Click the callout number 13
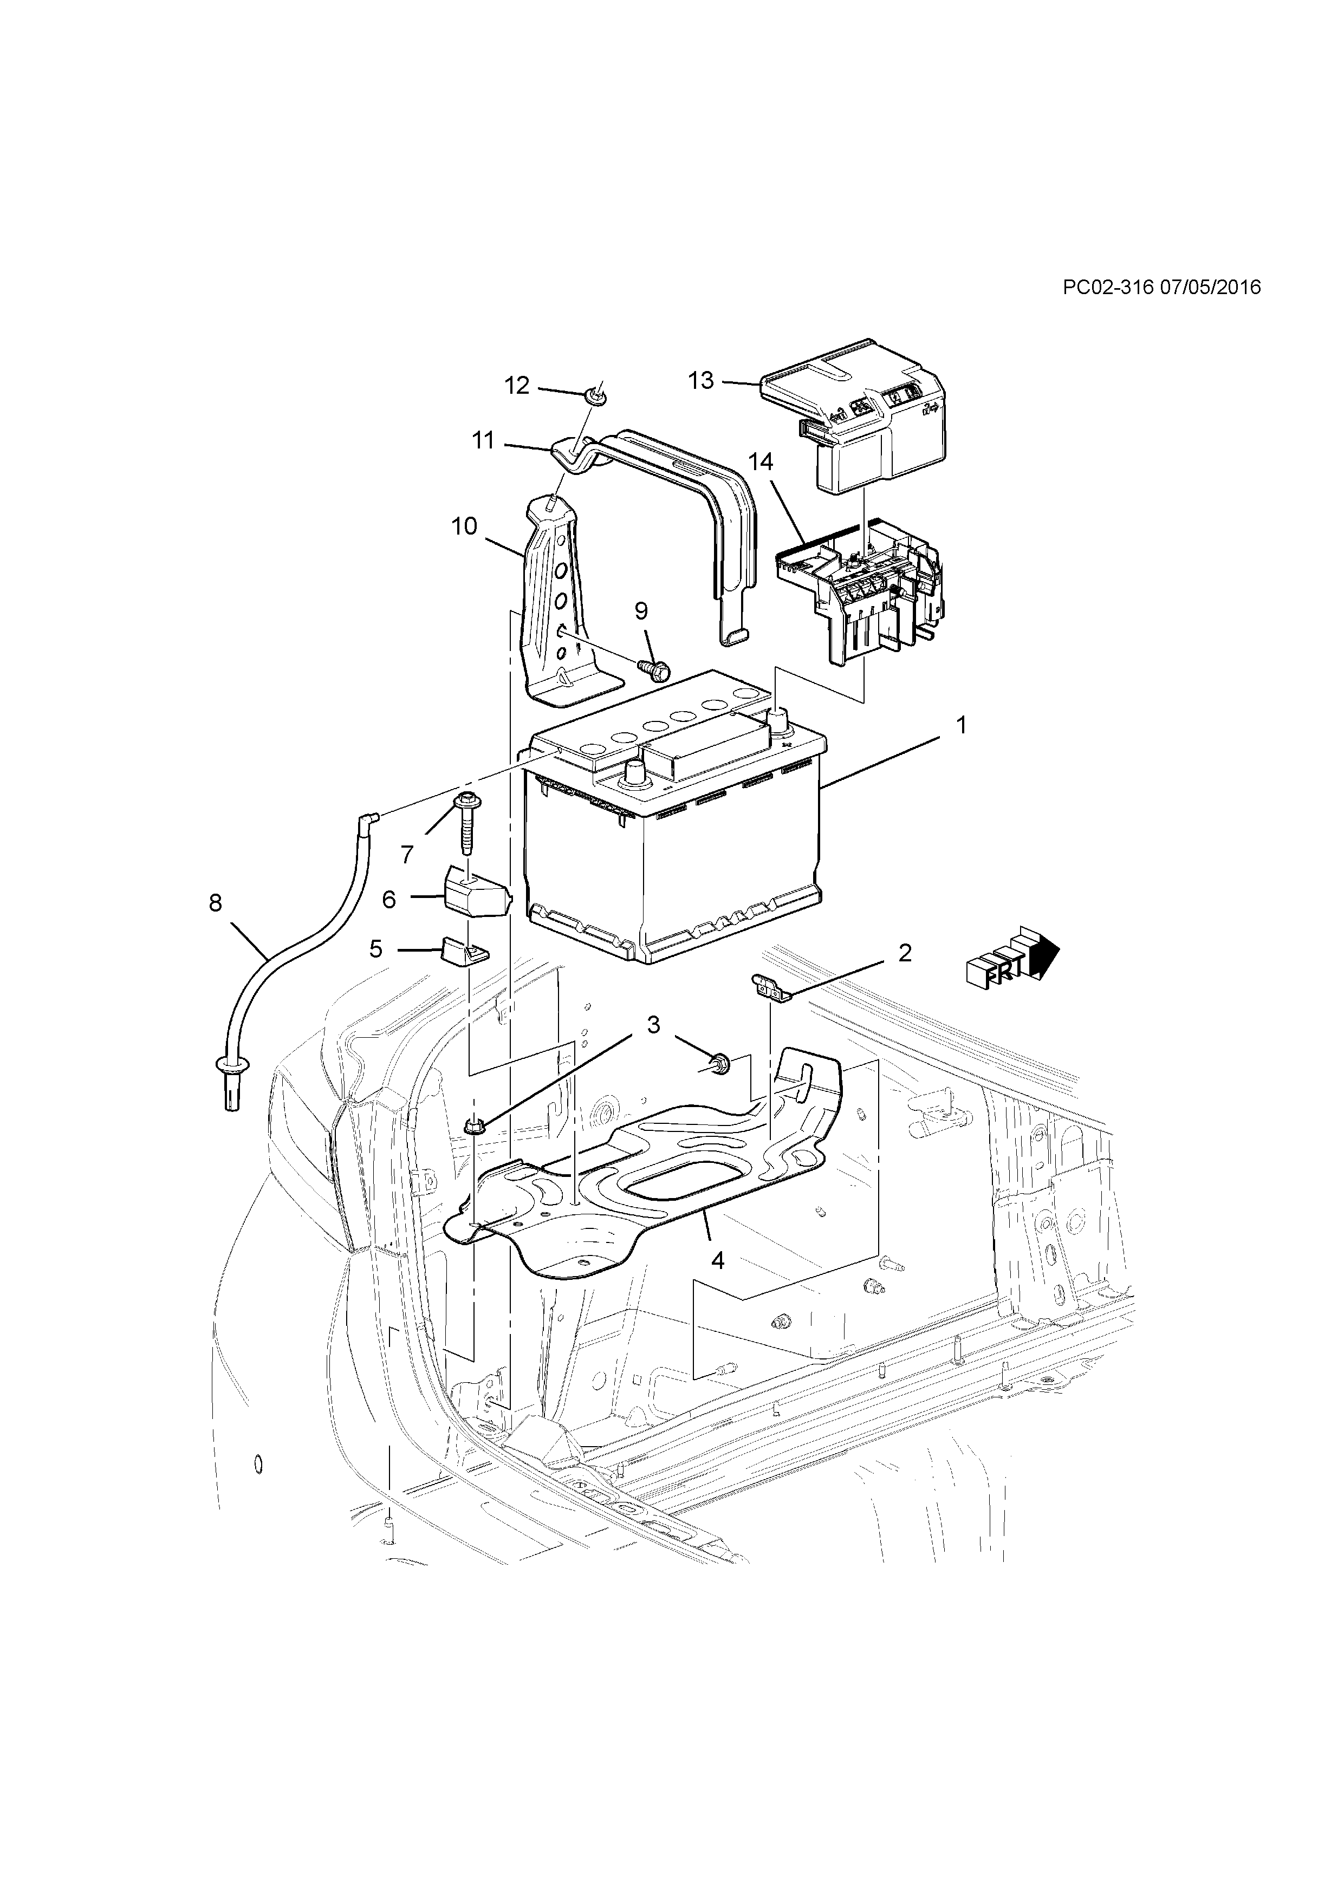coord(700,381)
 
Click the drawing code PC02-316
coord(1107,287)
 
